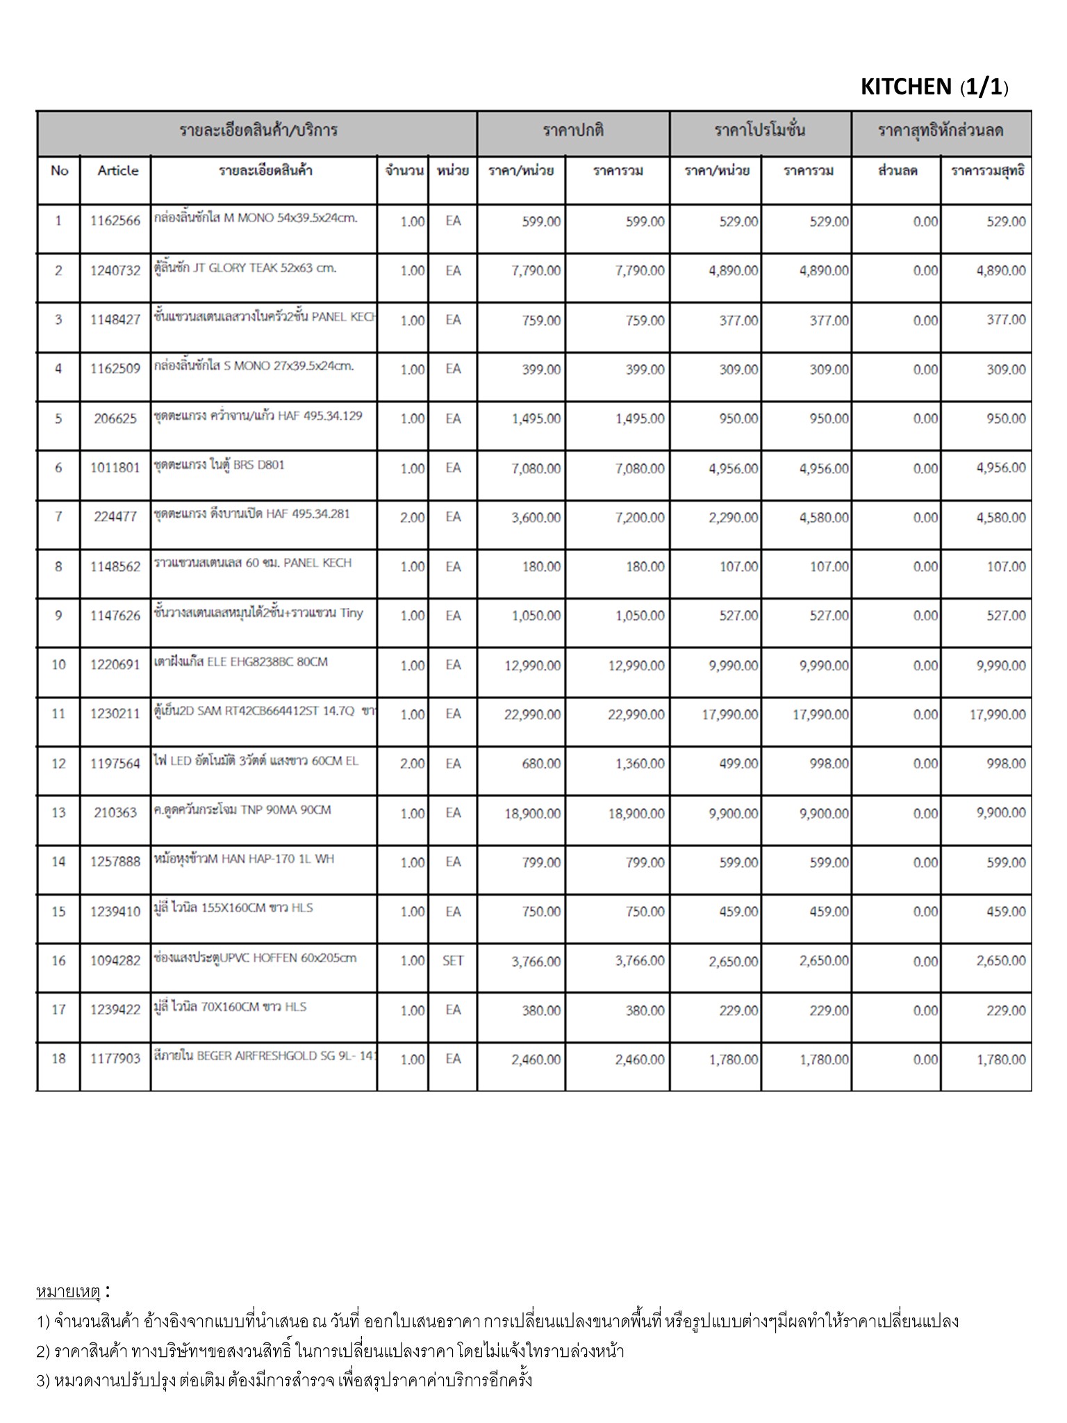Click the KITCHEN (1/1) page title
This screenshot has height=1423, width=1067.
pos(934,87)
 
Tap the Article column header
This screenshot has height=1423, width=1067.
pos(117,171)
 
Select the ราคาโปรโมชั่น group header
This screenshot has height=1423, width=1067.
pos(760,131)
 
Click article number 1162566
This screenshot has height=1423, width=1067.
pos(115,221)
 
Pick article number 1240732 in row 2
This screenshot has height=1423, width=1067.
pos(115,270)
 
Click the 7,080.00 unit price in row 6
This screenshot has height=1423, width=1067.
pos(536,468)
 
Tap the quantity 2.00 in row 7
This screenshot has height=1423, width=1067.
pos(412,518)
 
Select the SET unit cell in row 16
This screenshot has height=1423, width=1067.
pos(453,961)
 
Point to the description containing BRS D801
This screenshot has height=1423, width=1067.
pos(220,465)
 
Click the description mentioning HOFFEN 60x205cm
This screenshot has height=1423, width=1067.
pos(255,958)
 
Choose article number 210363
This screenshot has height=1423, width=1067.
pos(115,812)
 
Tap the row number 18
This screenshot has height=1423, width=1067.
pos(58,1059)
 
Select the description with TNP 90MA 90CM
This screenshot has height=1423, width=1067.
pos(242,810)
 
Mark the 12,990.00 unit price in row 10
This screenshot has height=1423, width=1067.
pos(532,666)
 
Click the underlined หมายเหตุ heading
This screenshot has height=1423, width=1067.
pos(68,1292)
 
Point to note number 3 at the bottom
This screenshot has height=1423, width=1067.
pos(285,1380)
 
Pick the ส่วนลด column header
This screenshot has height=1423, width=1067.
pos(898,171)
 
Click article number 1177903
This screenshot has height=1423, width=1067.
pos(115,1059)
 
